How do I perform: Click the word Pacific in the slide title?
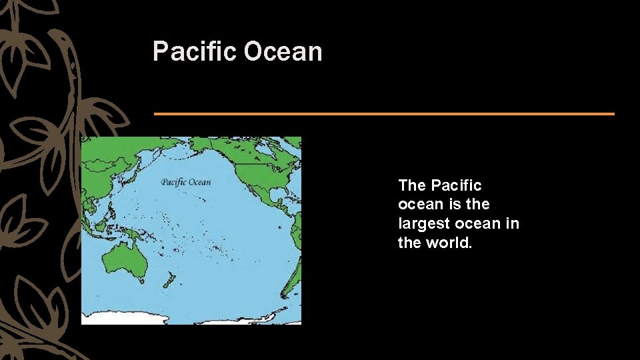(195, 52)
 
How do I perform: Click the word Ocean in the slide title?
(283, 52)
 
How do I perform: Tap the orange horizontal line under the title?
(384, 114)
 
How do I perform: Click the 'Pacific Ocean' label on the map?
(185, 182)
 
